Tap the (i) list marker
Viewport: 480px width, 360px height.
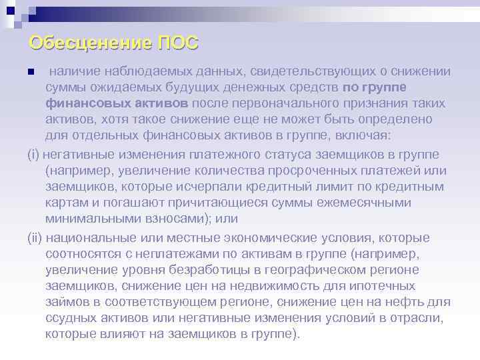[x=34, y=155]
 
